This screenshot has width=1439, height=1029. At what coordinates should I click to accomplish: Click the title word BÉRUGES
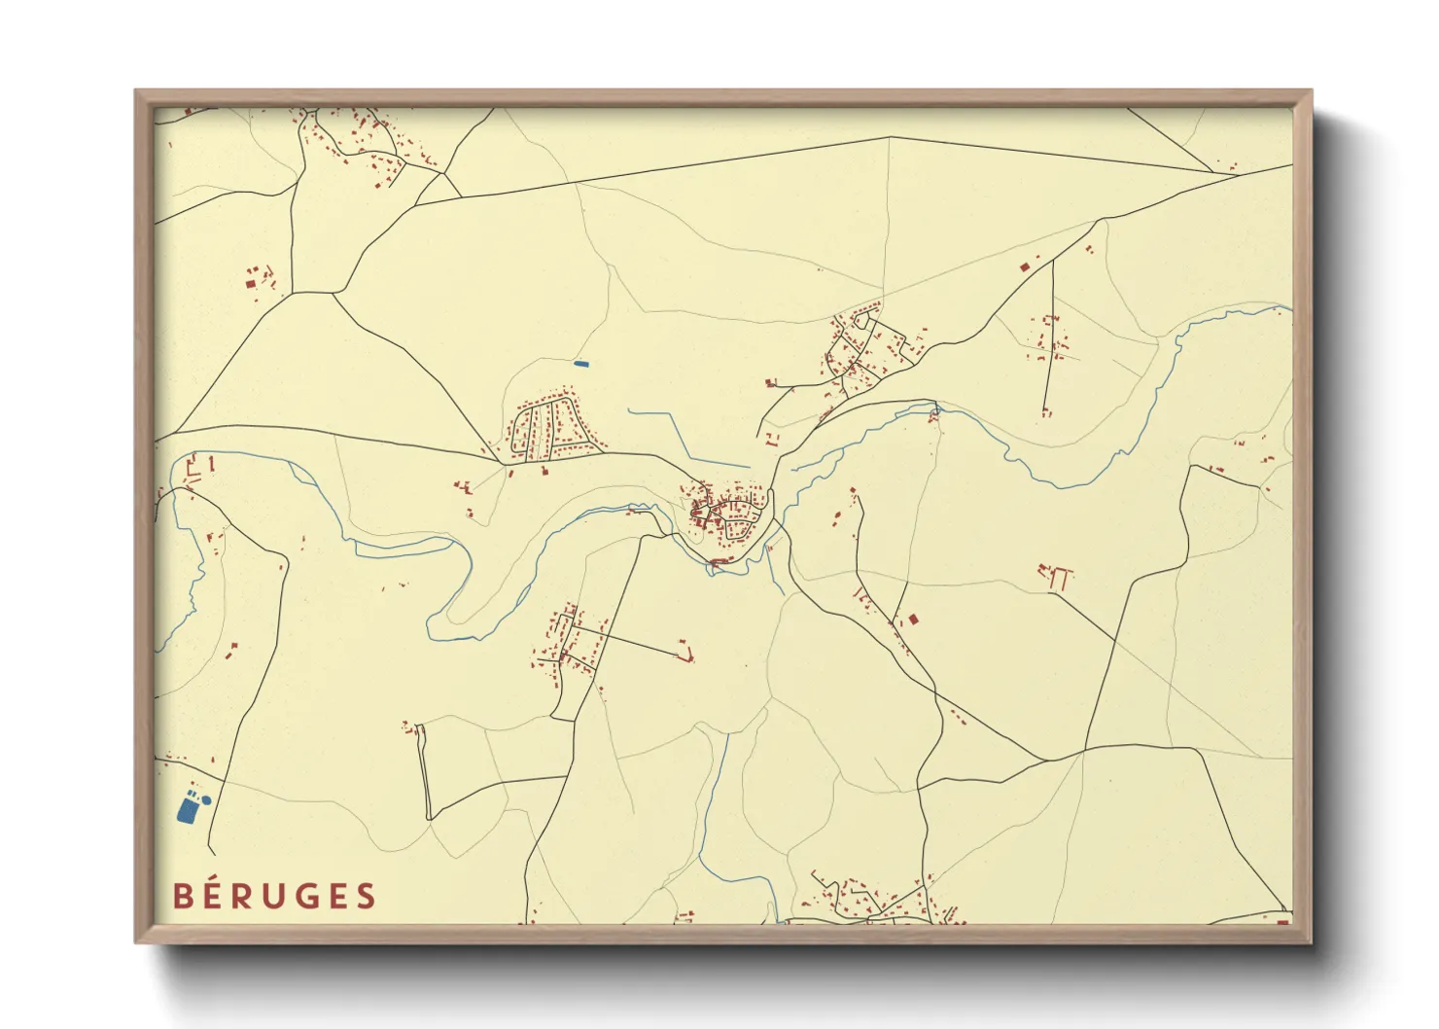[x=274, y=896]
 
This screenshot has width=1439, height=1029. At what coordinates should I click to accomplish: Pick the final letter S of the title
[x=366, y=896]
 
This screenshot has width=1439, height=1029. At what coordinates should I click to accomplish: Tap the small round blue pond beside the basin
[x=206, y=799]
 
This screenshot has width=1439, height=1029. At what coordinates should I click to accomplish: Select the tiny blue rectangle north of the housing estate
[x=581, y=364]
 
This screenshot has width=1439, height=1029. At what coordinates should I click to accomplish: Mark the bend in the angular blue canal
[x=672, y=413]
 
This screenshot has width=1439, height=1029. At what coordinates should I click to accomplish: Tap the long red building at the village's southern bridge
[x=720, y=562]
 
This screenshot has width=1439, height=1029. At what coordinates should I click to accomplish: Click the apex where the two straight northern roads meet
[x=890, y=137]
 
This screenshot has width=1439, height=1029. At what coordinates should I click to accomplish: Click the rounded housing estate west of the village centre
[x=550, y=428]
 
